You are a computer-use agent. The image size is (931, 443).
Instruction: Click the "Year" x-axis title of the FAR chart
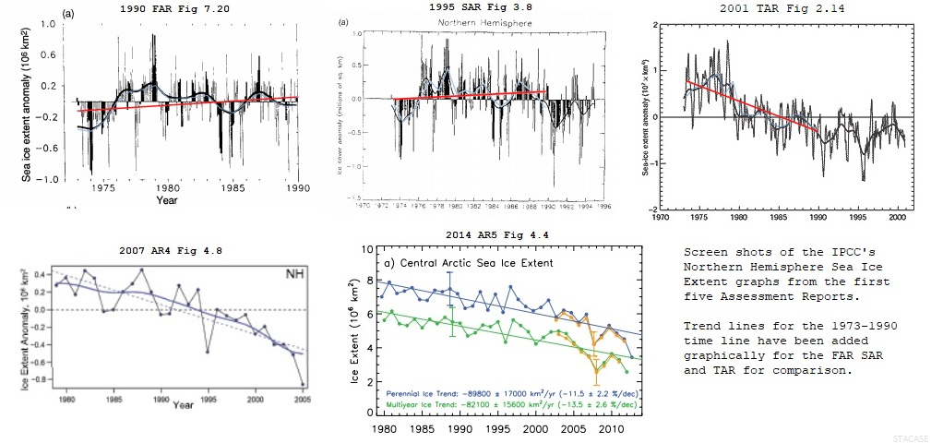[167, 200]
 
